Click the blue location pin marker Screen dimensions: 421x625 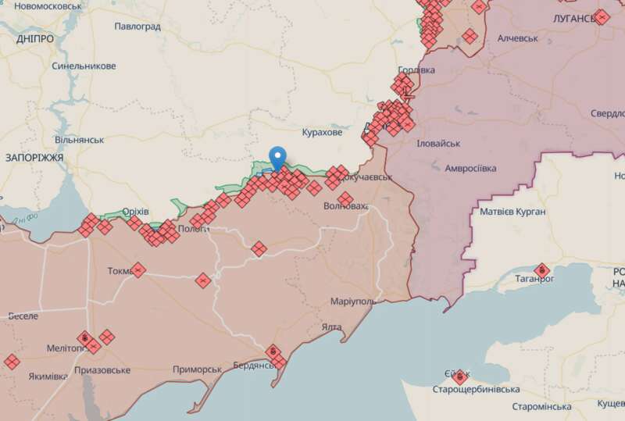click(277, 157)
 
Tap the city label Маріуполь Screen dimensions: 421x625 click(353, 301)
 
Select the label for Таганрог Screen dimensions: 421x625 click(534, 278)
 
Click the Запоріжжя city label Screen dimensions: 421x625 click(34, 157)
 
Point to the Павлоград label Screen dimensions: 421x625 click(137, 27)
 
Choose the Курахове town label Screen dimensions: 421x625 click(322, 133)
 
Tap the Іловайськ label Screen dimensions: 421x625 click(439, 144)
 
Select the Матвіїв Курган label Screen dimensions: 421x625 click(512, 212)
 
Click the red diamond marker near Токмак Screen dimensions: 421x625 click(138, 270)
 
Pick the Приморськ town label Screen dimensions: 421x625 click(198, 369)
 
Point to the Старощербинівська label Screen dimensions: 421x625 click(477, 389)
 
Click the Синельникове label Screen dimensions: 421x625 click(84, 66)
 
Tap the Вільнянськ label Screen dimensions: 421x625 click(79, 139)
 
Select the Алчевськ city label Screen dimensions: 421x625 click(518, 37)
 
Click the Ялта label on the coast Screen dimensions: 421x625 click(331, 328)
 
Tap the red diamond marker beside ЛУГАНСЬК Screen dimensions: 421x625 click(601, 16)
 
